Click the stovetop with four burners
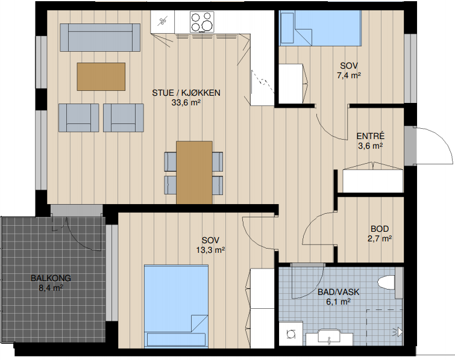pos(202,22)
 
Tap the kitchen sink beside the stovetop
pos(163,22)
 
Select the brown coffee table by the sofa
pos(101,76)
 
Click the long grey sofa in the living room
pos(100,37)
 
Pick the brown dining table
pos(194,172)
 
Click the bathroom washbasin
pos(329,337)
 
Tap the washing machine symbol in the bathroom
pos(290,334)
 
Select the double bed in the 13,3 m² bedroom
pos(176,306)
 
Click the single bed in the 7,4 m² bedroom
pos(320,28)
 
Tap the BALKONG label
pos(51,278)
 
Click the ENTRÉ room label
pos(370,136)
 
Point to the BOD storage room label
pos(380,229)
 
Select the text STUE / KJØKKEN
pos(186,93)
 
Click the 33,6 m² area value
pos(186,102)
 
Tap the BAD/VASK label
pos(338,292)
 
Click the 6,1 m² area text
pos(338,302)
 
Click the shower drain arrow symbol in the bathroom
pos(398,332)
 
